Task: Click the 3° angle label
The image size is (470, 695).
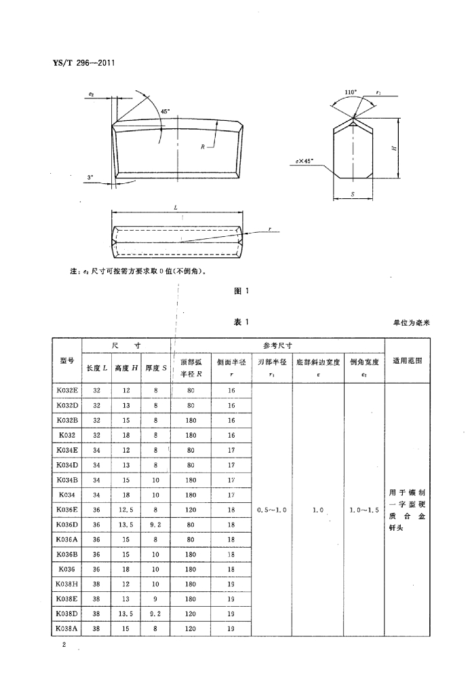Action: click(92, 178)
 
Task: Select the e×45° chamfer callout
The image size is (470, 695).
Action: click(305, 162)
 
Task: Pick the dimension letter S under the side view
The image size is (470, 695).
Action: click(353, 194)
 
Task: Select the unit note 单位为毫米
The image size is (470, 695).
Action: click(412, 323)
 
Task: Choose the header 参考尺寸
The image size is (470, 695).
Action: click(277, 345)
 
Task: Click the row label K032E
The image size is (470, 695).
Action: click(67, 390)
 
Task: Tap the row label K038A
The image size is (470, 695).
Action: click(67, 628)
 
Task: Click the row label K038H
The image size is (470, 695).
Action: click(67, 584)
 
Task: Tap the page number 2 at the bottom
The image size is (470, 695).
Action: click(63, 645)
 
